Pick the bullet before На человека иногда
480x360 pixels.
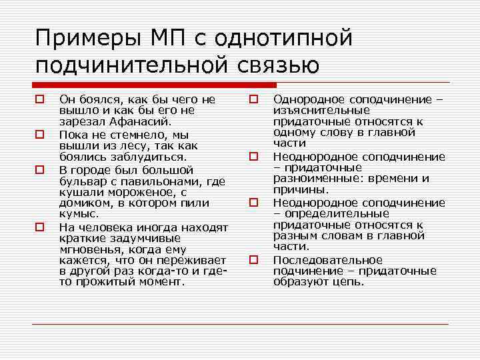tap(40, 227)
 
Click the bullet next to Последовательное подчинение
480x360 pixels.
tap(254, 260)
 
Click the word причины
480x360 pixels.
tap(301, 191)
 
